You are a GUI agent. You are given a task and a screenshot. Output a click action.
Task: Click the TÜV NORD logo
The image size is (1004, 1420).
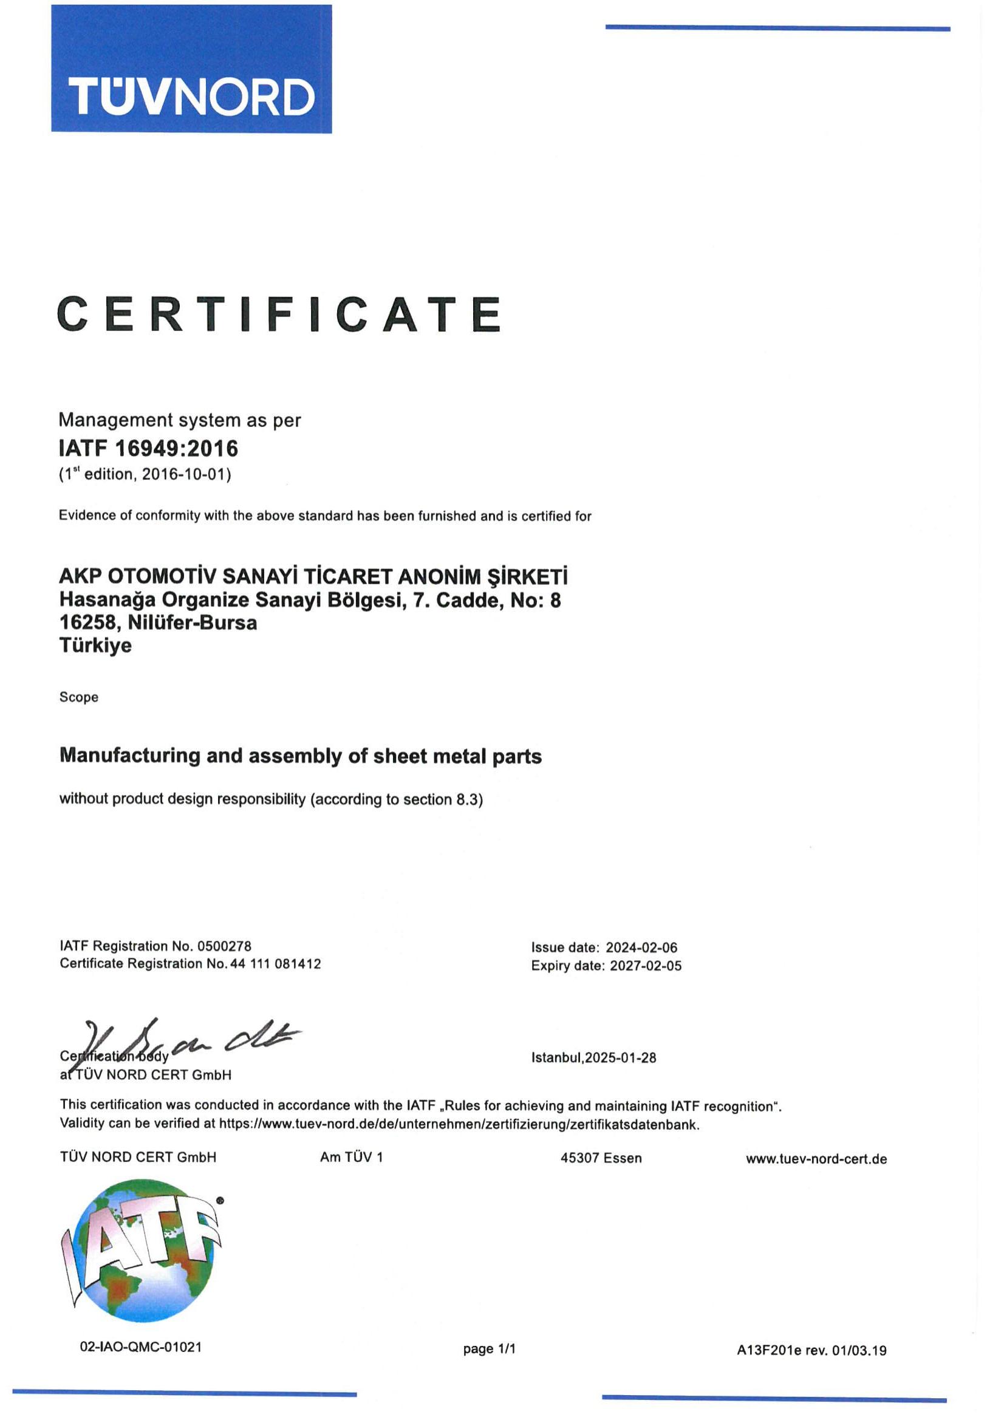191,69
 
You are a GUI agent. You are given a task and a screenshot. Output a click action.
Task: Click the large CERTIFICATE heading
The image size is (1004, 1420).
279,314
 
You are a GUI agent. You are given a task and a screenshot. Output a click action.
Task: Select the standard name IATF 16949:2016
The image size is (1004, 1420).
148,448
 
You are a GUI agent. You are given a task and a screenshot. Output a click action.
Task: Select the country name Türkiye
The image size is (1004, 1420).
95,646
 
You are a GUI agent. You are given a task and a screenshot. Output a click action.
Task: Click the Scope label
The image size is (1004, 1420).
78,697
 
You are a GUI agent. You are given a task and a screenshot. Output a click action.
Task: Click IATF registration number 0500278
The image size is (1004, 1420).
224,946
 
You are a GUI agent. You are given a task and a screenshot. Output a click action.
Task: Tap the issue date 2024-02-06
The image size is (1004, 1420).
641,947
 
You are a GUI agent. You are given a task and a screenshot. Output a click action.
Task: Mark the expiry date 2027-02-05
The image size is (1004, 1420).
645,966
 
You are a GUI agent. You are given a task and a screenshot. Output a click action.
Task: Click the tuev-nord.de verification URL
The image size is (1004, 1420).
459,1125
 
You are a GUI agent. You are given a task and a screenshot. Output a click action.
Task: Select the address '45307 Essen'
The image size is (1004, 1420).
601,1158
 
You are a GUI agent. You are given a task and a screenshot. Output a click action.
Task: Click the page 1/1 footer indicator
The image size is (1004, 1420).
489,1349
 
